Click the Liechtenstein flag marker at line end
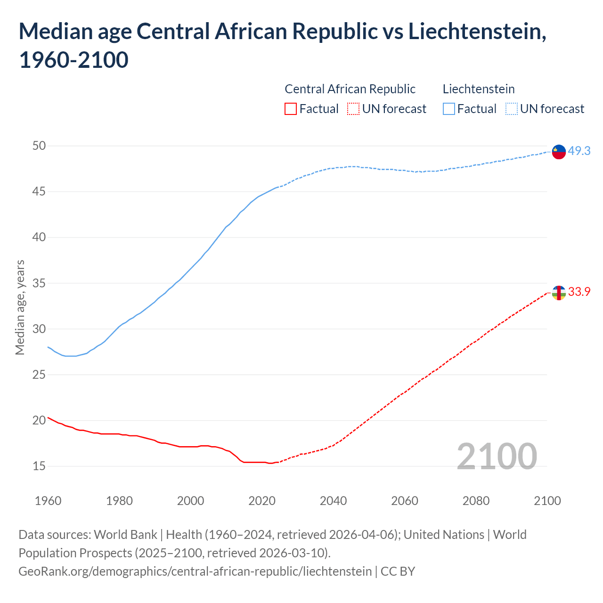tap(558, 152)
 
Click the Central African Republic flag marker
tap(558, 293)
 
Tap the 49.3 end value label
tap(579, 151)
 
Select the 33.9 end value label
tap(579, 292)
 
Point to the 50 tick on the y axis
tap(39, 146)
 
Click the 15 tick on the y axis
tap(39, 466)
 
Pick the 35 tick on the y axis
tap(39, 283)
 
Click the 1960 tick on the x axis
tap(48, 500)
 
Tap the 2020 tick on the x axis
tap(262, 500)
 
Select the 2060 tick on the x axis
tap(405, 500)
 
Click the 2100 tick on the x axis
tap(547, 500)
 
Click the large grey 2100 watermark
tap(497, 456)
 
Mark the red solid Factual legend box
tap(291, 109)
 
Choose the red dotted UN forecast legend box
tap(353, 109)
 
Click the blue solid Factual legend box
tap(449, 109)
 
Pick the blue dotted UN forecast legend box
tap(511, 109)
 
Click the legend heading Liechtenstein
tap(479, 89)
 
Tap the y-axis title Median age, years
tap(20, 307)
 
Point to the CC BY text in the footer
tap(398, 571)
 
